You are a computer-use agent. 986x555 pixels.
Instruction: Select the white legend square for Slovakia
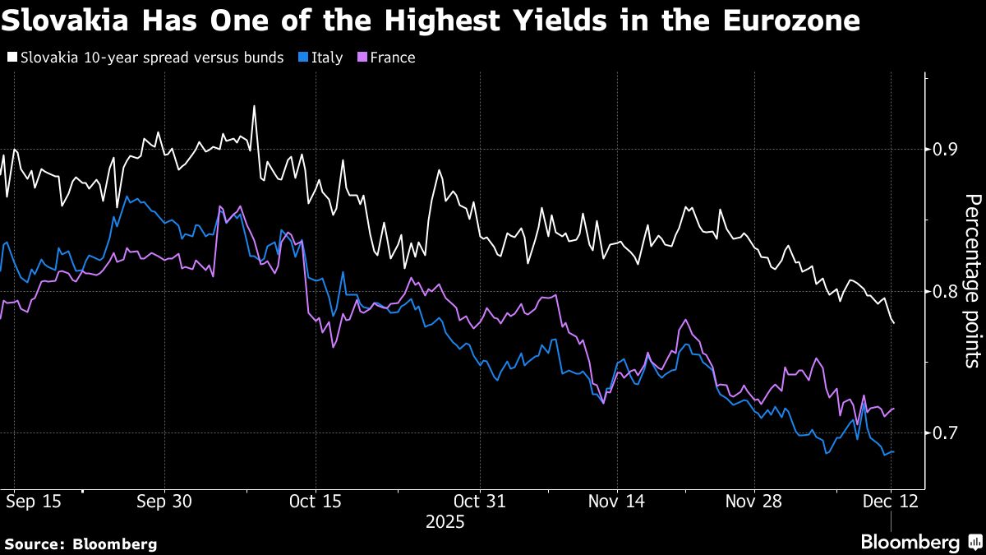click(12, 58)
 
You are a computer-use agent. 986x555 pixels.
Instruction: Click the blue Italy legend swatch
click(301, 58)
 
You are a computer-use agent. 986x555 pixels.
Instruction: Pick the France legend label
click(392, 58)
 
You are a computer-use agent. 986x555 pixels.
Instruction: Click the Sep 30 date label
click(164, 501)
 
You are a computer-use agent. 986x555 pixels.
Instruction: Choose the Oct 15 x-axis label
click(316, 501)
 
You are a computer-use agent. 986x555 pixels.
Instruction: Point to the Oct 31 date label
click(480, 501)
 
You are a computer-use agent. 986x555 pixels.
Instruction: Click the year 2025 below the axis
click(445, 522)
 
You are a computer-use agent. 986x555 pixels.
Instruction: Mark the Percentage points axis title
click(972, 280)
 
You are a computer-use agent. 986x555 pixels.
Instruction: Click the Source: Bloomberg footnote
click(81, 543)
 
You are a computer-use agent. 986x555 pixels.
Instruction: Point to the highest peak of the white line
click(254, 106)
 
